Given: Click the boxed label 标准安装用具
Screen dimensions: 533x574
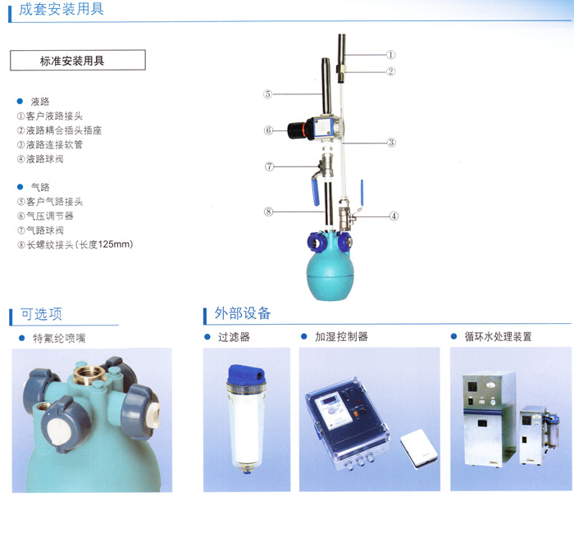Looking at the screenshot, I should point(77,60).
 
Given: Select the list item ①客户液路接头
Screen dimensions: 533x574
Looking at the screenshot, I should point(54,116).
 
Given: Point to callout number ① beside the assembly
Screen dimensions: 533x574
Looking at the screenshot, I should point(391,54).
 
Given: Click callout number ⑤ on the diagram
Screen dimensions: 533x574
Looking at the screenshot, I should point(267,94).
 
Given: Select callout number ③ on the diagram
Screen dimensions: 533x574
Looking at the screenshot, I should point(392,142).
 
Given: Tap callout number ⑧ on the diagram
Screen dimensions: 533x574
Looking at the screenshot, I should point(267,212).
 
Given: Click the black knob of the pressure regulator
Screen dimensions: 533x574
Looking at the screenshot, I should point(296,129).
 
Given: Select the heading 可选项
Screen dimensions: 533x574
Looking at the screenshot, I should point(41,314).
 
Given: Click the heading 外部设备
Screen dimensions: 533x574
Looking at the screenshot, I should point(242,314).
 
